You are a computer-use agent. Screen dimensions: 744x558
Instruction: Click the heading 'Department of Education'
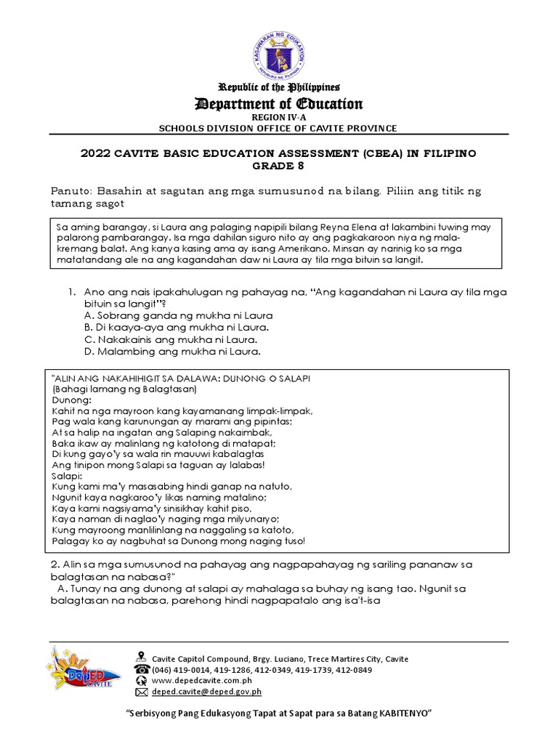click(279, 104)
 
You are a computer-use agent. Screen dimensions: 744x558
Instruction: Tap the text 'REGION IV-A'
click(279, 117)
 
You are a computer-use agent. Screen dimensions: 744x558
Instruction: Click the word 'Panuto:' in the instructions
click(72, 190)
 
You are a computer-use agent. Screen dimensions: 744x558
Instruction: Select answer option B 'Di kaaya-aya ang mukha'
click(172, 328)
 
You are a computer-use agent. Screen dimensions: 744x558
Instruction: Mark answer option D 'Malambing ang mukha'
click(172, 352)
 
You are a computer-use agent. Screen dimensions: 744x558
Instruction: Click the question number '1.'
click(72, 292)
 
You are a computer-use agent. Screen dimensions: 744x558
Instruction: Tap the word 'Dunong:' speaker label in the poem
click(72, 400)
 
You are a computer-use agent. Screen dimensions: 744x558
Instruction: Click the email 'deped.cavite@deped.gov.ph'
click(206, 692)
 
